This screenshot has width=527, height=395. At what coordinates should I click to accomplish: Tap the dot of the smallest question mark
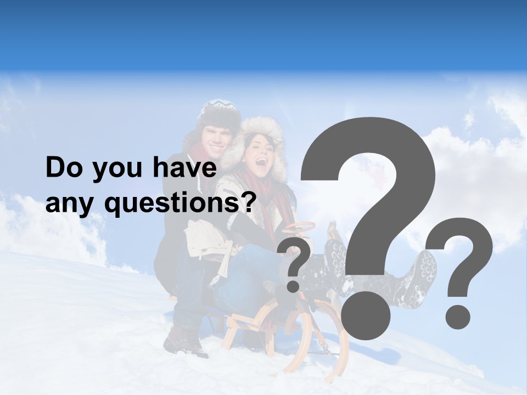[294, 286]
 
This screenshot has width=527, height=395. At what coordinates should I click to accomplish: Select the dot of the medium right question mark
[457, 317]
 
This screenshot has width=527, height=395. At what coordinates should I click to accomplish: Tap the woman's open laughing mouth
[261, 162]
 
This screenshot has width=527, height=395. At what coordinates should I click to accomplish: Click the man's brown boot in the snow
[184, 340]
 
